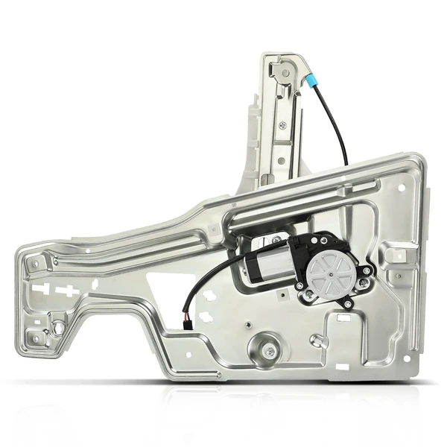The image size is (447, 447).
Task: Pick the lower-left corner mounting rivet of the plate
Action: (x=34, y=339)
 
